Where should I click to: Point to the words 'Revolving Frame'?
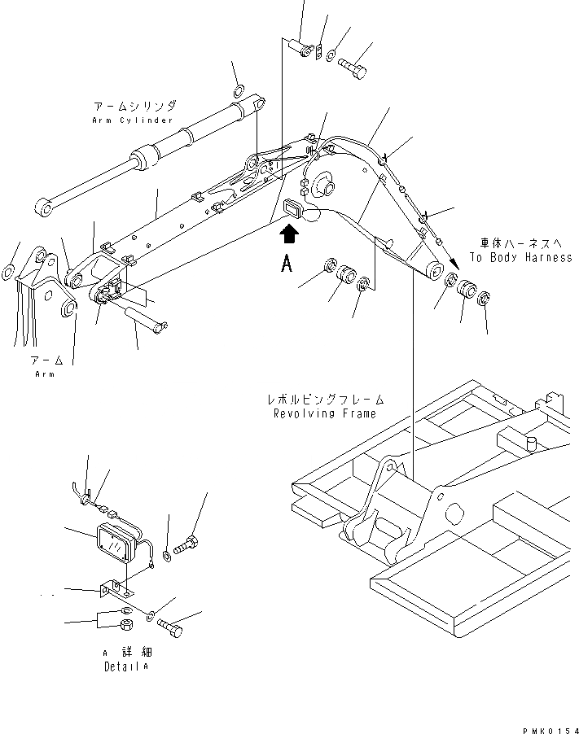click(325, 413)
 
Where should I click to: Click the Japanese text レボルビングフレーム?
click(325, 400)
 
